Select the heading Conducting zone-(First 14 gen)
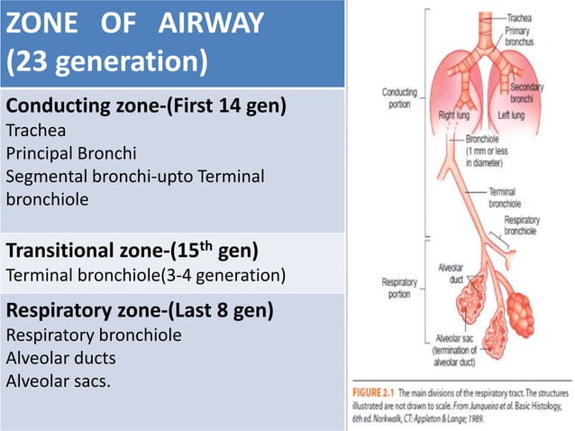point(146,107)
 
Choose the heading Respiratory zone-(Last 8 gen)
point(140,311)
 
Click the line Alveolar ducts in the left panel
point(60,358)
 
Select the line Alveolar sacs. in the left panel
point(59,380)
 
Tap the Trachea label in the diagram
point(518,16)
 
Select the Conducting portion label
point(399,97)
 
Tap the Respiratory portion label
point(399,288)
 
